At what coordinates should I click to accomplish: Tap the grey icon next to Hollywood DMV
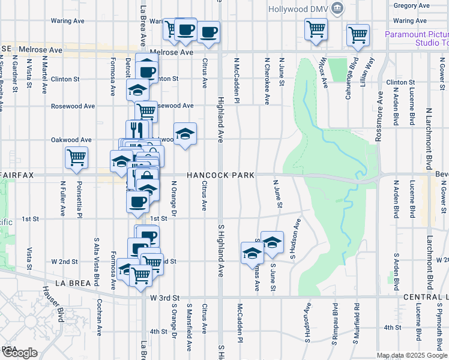pyautogui.click(x=337, y=8)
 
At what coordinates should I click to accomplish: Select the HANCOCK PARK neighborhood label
pyautogui.click(x=220, y=175)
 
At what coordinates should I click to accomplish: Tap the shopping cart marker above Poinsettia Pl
pyautogui.click(x=77, y=157)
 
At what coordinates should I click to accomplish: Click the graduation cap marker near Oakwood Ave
pyautogui.click(x=185, y=134)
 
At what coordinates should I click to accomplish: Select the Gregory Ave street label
pyautogui.click(x=411, y=5)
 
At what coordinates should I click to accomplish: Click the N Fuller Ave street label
pyautogui.click(x=62, y=203)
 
